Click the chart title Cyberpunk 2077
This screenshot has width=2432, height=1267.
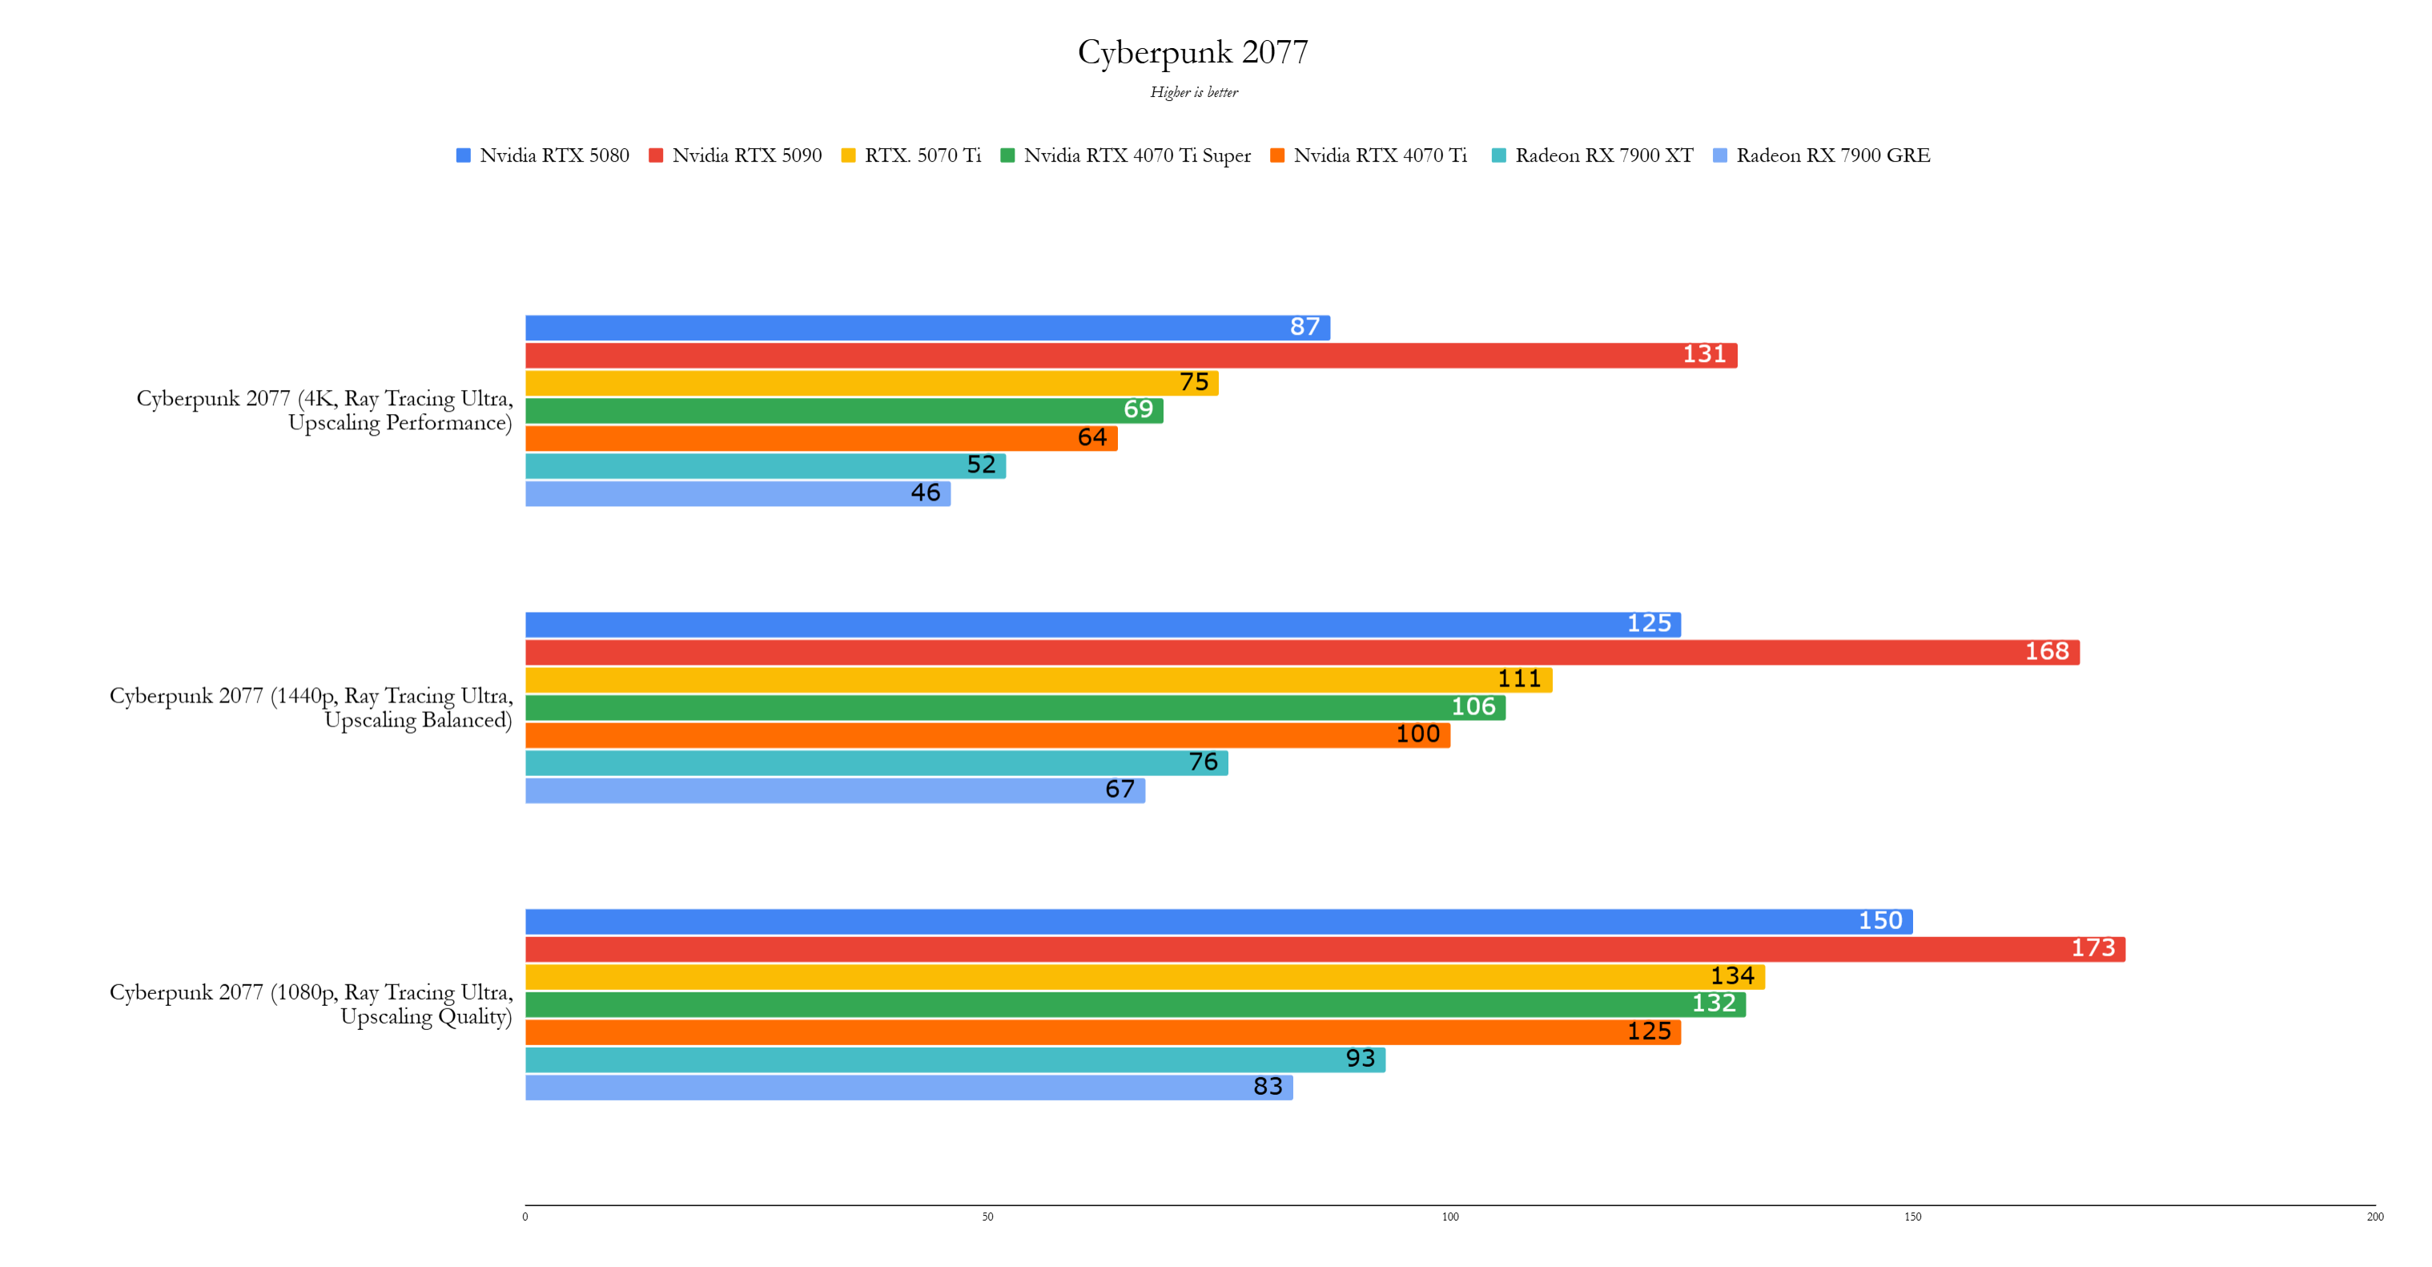pos(1192,52)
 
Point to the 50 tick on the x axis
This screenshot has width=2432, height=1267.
pos(987,1217)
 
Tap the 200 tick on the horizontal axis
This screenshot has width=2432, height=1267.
pos(2374,1217)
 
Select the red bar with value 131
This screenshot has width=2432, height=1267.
pos(1131,356)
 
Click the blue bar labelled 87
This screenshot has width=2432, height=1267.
pos(927,328)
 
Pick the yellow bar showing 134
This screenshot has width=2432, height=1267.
pos(1144,977)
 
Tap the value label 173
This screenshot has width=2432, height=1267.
pos(2092,949)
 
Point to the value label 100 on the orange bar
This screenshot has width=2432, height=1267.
pos(1417,735)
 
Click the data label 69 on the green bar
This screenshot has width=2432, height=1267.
pos(1138,411)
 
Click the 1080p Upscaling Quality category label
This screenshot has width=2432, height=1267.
pos(311,1004)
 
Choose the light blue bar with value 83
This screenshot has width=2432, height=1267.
pos(908,1088)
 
